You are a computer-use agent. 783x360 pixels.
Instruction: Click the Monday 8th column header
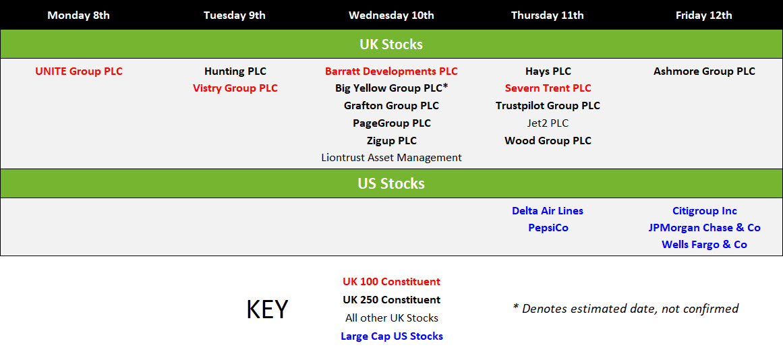pyautogui.click(x=78, y=16)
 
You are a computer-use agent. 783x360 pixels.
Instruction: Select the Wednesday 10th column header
pyautogui.click(x=391, y=16)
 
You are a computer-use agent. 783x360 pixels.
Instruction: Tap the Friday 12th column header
pyautogui.click(x=703, y=16)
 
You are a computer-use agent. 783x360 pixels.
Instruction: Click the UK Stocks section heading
pyautogui.click(x=391, y=44)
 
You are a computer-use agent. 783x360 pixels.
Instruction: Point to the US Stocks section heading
pyautogui.click(x=391, y=184)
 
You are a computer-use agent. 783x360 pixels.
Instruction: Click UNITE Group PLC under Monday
pyautogui.click(x=78, y=71)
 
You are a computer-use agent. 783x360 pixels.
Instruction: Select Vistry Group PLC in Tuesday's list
pyautogui.click(x=235, y=88)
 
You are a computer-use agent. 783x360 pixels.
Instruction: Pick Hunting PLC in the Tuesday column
pyautogui.click(x=235, y=71)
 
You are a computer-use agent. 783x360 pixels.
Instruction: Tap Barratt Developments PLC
pyautogui.click(x=391, y=71)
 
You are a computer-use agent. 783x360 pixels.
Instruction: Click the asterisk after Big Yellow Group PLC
pyautogui.click(x=445, y=87)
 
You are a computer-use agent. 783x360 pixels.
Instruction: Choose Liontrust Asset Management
pyautogui.click(x=391, y=158)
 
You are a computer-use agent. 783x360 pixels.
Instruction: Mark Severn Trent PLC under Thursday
pyautogui.click(x=548, y=88)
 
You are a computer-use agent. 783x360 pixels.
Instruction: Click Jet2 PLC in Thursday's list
pyautogui.click(x=548, y=123)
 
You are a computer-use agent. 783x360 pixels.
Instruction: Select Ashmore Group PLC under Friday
pyautogui.click(x=704, y=71)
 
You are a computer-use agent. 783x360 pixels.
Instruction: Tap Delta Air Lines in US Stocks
pyautogui.click(x=548, y=211)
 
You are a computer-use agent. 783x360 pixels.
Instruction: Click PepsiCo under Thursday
pyautogui.click(x=548, y=228)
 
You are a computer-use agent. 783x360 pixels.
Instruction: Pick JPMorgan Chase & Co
pyautogui.click(x=704, y=228)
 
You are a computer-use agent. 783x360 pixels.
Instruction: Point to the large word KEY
pyautogui.click(x=267, y=309)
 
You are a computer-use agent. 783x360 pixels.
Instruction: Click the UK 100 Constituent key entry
pyautogui.click(x=391, y=282)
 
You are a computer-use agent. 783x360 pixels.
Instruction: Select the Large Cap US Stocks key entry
pyautogui.click(x=391, y=336)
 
